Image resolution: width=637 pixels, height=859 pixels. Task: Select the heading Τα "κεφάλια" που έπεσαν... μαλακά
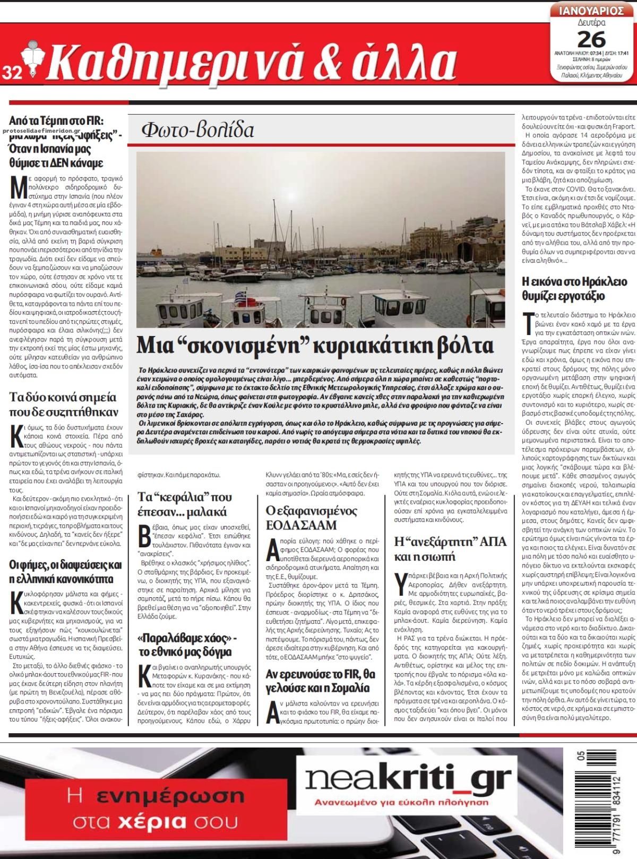point(185,504)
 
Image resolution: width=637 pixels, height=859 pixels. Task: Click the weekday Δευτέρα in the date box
point(591,22)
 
